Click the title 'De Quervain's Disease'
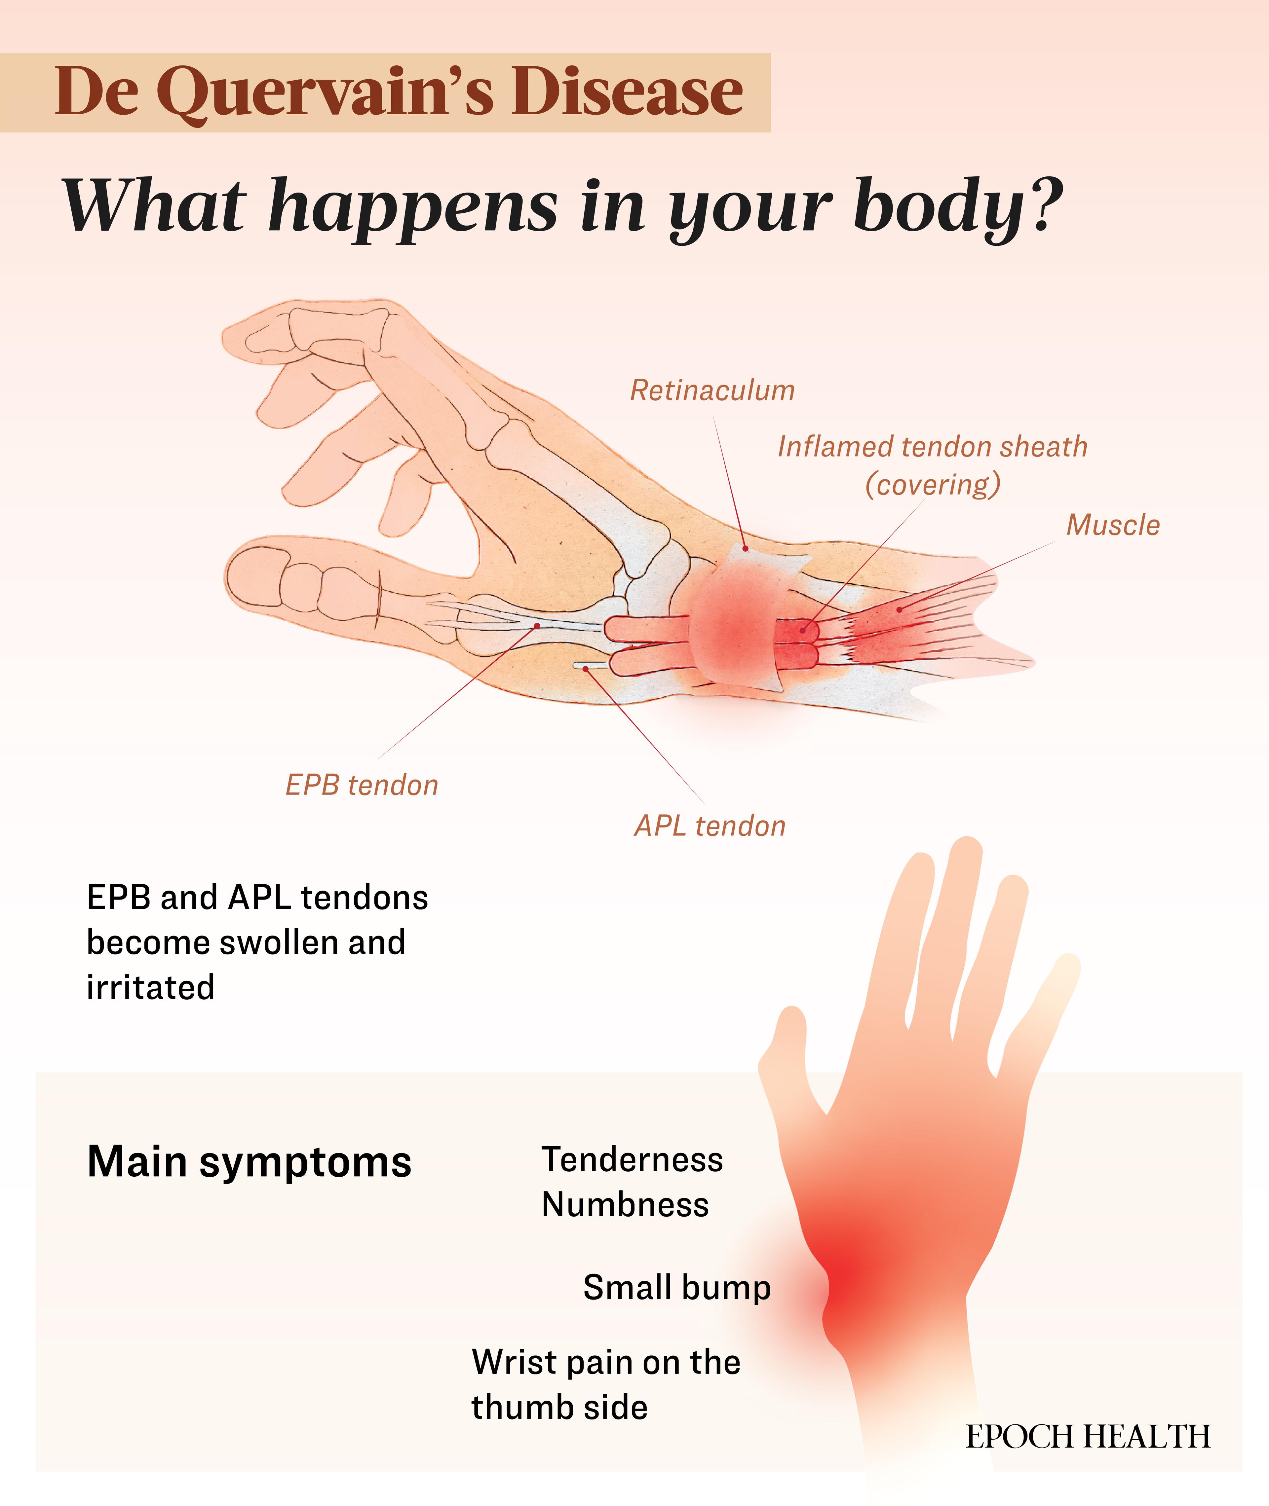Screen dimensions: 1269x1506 pyautogui.click(x=399, y=92)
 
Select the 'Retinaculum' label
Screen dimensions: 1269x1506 pyautogui.click(x=712, y=390)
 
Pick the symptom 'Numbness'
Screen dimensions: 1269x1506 pyautogui.click(x=625, y=1205)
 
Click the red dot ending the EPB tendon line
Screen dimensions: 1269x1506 pyautogui.click(x=537, y=626)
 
